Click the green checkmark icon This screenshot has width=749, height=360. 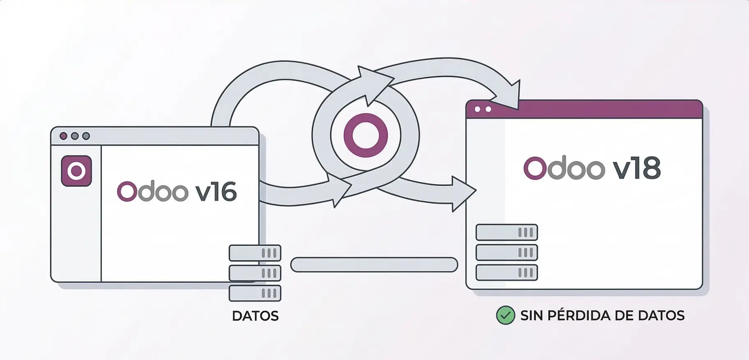point(505,316)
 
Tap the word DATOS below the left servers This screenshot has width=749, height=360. point(255,316)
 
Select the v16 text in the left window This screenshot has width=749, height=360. point(216,192)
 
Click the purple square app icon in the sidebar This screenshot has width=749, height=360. point(76,171)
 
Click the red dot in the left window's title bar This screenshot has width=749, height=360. point(63,136)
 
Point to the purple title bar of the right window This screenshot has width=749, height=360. point(595,109)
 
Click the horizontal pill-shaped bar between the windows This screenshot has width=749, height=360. point(374,265)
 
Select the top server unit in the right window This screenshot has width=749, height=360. point(506,232)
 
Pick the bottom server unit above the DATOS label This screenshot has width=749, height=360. point(255,293)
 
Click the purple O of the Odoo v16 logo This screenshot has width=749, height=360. point(126,192)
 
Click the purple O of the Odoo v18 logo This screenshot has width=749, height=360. point(533,168)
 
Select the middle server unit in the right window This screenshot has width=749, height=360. point(506,252)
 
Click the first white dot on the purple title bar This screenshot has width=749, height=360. point(477,110)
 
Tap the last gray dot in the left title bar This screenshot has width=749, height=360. point(86,136)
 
